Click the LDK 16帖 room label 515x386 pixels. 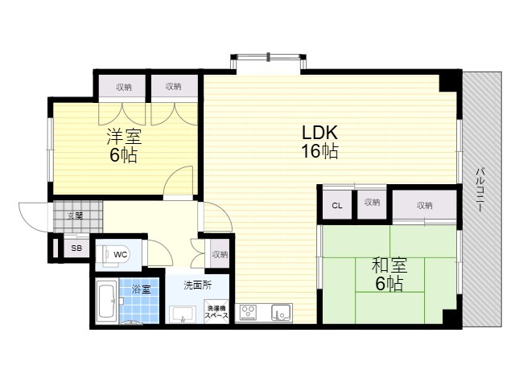coord(319,142)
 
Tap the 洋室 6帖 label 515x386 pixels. coord(124,146)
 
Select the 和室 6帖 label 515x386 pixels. coord(389,274)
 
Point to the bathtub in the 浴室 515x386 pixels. coord(107,301)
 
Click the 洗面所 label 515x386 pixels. coord(197,285)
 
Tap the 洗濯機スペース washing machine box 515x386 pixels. coord(216,311)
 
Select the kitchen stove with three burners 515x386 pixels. coord(249,313)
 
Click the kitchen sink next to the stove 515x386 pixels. coord(281,313)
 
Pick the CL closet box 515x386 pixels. coord(337,205)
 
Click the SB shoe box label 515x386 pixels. coord(77,248)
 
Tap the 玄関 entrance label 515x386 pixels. coord(75,216)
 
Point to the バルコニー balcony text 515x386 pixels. coord(480,190)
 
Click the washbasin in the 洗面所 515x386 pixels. coord(183,315)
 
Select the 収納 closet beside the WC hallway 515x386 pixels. coord(220,254)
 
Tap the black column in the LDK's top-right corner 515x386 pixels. coord(447,83)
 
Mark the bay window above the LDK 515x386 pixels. coord(269,63)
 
